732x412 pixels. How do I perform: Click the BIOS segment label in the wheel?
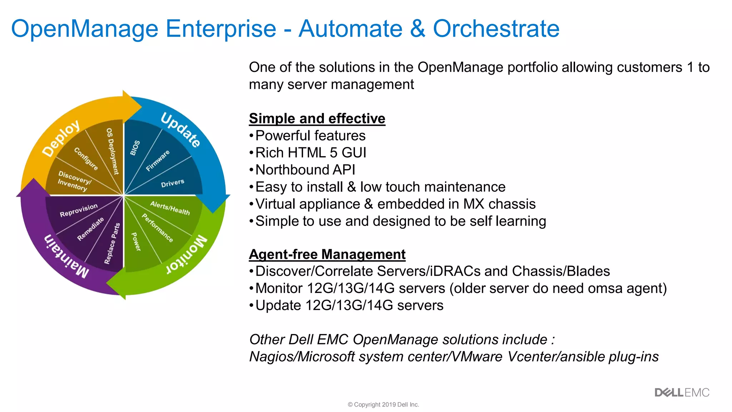pyautogui.click(x=135, y=148)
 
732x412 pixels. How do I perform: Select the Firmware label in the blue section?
pyautogui.click(x=158, y=161)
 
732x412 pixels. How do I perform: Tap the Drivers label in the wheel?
pyautogui.click(x=173, y=183)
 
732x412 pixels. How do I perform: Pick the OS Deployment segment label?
pyautogui.click(x=113, y=151)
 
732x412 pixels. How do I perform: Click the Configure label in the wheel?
pyautogui.click(x=86, y=158)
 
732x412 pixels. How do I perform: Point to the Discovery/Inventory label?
pyautogui.click(x=74, y=181)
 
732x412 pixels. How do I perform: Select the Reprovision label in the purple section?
pyautogui.click(x=79, y=210)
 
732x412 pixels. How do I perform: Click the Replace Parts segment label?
pyautogui.click(x=112, y=244)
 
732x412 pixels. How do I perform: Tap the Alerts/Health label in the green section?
pyautogui.click(x=170, y=208)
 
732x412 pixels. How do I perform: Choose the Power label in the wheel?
pyautogui.click(x=136, y=242)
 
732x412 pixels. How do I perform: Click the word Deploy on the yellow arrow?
pyautogui.click(x=61, y=138)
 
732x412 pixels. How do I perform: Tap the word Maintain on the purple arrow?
pyautogui.click(x=66, y=256)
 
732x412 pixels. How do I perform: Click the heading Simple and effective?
pyautogui.click(x=317, y=118)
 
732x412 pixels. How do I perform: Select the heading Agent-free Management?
pyautogui.click(x=327, y=254)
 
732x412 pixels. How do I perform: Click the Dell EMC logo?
pyautogui.click(x=682, y=393)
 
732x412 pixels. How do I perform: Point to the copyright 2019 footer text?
pyautogui.click(x=383, y=404)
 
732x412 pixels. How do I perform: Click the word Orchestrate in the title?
pyautogui.click(x=496, y=29)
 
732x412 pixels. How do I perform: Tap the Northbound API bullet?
pyautogui.click(x=305, y=170)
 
